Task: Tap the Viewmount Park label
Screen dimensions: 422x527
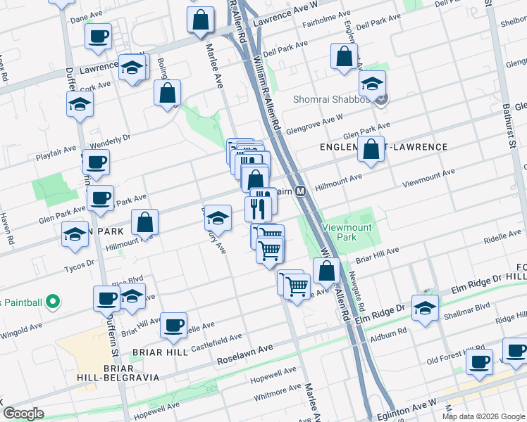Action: coord(349,232)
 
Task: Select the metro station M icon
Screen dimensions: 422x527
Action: coord(301,191)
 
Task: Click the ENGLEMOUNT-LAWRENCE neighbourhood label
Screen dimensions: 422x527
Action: coord(384,147)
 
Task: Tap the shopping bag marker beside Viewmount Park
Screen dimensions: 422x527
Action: coord(326,270)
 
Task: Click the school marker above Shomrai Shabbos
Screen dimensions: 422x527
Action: coord(372,84)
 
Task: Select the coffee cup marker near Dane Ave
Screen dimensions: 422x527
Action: coord(98,37)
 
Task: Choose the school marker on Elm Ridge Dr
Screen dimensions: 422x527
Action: coord(425,308)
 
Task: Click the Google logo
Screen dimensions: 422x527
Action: coord(23,414)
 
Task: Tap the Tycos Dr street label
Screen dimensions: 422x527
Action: coord(79,264)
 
